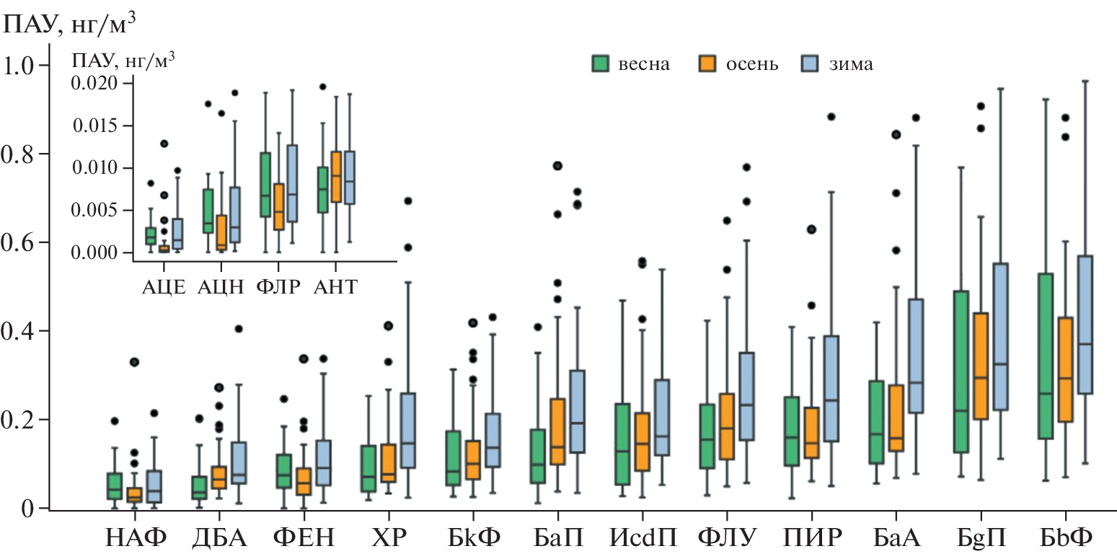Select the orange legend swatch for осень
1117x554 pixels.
point(708,63)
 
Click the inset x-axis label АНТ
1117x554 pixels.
point(335,286)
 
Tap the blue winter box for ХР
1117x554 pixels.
point(408,430)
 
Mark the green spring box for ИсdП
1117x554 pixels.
point(620,444)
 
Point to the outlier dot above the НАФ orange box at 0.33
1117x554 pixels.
point(134,362)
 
